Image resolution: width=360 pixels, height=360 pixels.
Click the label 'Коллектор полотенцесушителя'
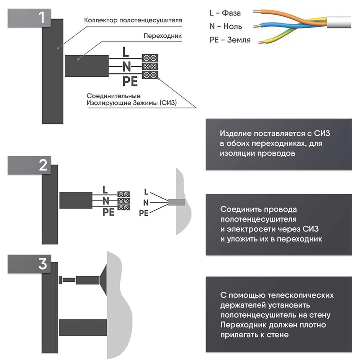coord(133,20)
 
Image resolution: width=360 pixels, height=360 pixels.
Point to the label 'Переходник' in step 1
coord(163,36)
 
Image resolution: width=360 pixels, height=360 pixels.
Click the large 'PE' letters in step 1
coord(130,81)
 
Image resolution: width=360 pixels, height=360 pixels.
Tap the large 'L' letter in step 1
coord(125,52)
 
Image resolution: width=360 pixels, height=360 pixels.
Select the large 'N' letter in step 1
coord(126,67)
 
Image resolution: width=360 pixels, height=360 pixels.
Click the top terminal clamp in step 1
coord(150,58)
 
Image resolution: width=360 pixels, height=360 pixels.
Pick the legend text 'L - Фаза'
coord(225,13)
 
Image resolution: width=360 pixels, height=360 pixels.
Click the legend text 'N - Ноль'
coord(226,26)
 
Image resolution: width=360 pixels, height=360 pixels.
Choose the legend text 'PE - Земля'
coord(230,40)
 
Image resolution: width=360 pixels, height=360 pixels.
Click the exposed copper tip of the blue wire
coord(256,26)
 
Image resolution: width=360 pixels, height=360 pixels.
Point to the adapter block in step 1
coord(86,66)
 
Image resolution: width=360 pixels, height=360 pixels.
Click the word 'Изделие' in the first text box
coord(236,133)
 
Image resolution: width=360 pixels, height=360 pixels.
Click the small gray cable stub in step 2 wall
coord(177,202)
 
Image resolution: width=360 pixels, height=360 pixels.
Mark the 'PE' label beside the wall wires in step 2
coord(143,213)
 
